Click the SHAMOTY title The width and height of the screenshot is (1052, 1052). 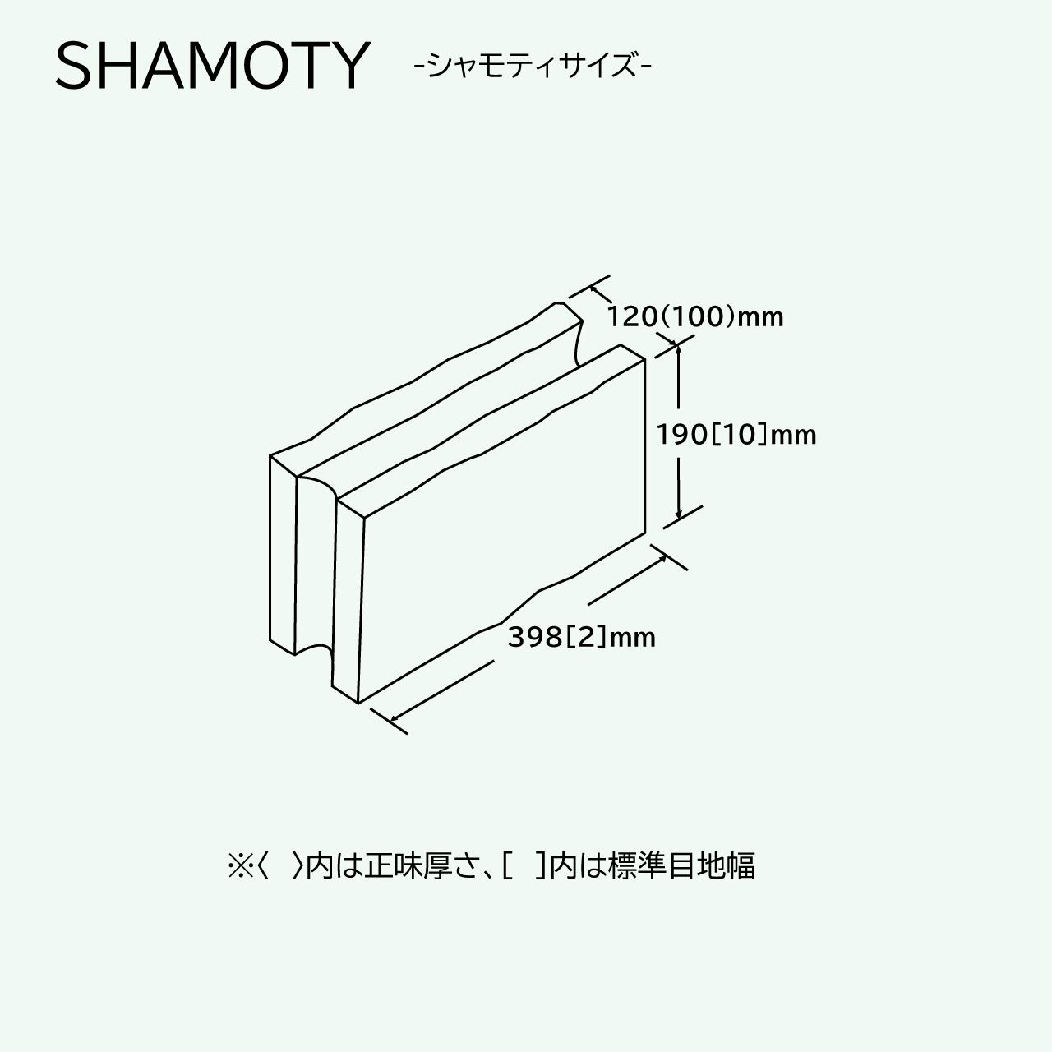coord(212,65)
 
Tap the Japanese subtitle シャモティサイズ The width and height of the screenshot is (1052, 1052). coord(533,65)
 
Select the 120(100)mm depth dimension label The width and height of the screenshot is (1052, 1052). coord(695,316)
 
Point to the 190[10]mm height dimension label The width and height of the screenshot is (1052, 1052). coord(736,434)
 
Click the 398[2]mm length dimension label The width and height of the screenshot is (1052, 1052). coord(581,637)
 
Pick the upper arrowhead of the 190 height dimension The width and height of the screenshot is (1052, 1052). coord(678,349)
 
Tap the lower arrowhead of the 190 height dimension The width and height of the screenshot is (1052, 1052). coord(678,515)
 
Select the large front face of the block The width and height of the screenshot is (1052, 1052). coord(501,526)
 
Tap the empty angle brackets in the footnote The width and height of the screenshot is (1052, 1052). coord(279,866)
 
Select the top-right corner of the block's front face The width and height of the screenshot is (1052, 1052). coord(644,359)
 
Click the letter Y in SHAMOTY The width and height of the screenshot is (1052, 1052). coord(344,65)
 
